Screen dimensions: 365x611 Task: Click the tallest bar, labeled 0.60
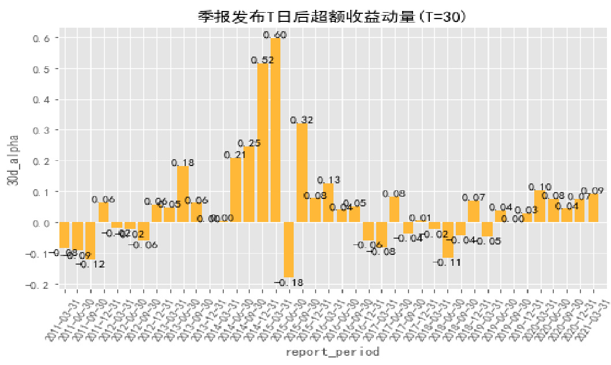click(x=275, y=130)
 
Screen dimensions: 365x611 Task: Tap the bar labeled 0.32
click(x=302, y=172)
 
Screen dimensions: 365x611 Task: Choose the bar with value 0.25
click(x=249, y=184)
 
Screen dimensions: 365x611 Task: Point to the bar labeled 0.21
click(x=235, y=190)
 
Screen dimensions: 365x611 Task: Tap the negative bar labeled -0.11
click(x=447, y=239)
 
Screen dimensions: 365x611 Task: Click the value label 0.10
click(x=540, y=187)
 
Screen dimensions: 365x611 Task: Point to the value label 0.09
click(x=593, y=191)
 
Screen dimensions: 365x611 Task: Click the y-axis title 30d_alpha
click(x=13, y=161)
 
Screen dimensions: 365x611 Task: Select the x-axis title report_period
click(x=333, y=351)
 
